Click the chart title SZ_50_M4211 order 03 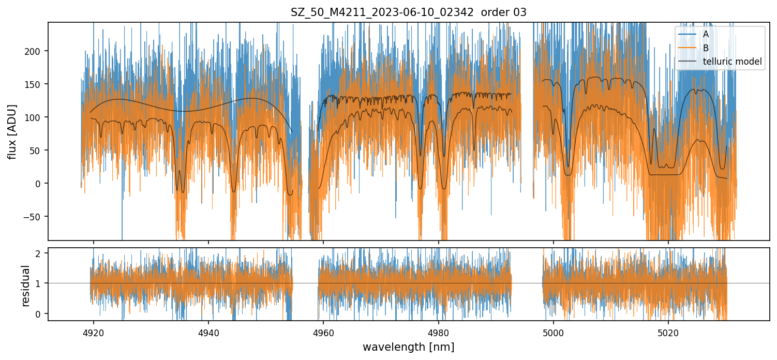pyautogui.click(x=408, y=12)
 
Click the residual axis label pyautogui.click(x=25, y=286)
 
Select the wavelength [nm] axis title pyautogui.click(x=408, y=347)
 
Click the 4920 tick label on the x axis pyautogui.click(x=94, y=332)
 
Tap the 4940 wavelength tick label pyautogui.click(x=208, y=332)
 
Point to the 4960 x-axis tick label pyautogui.click(x=323, y=332)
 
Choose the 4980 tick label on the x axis pyautogui.click(x=439, y=332)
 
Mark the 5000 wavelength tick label pyautogui.click(x=554, y=332)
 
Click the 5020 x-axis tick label pyautogui.click(x=668, y=332)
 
